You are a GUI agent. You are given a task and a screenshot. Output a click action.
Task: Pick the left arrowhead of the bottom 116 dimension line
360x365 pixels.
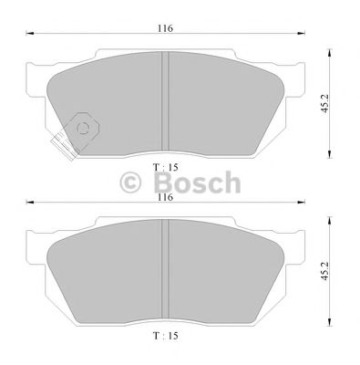[28, 204]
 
